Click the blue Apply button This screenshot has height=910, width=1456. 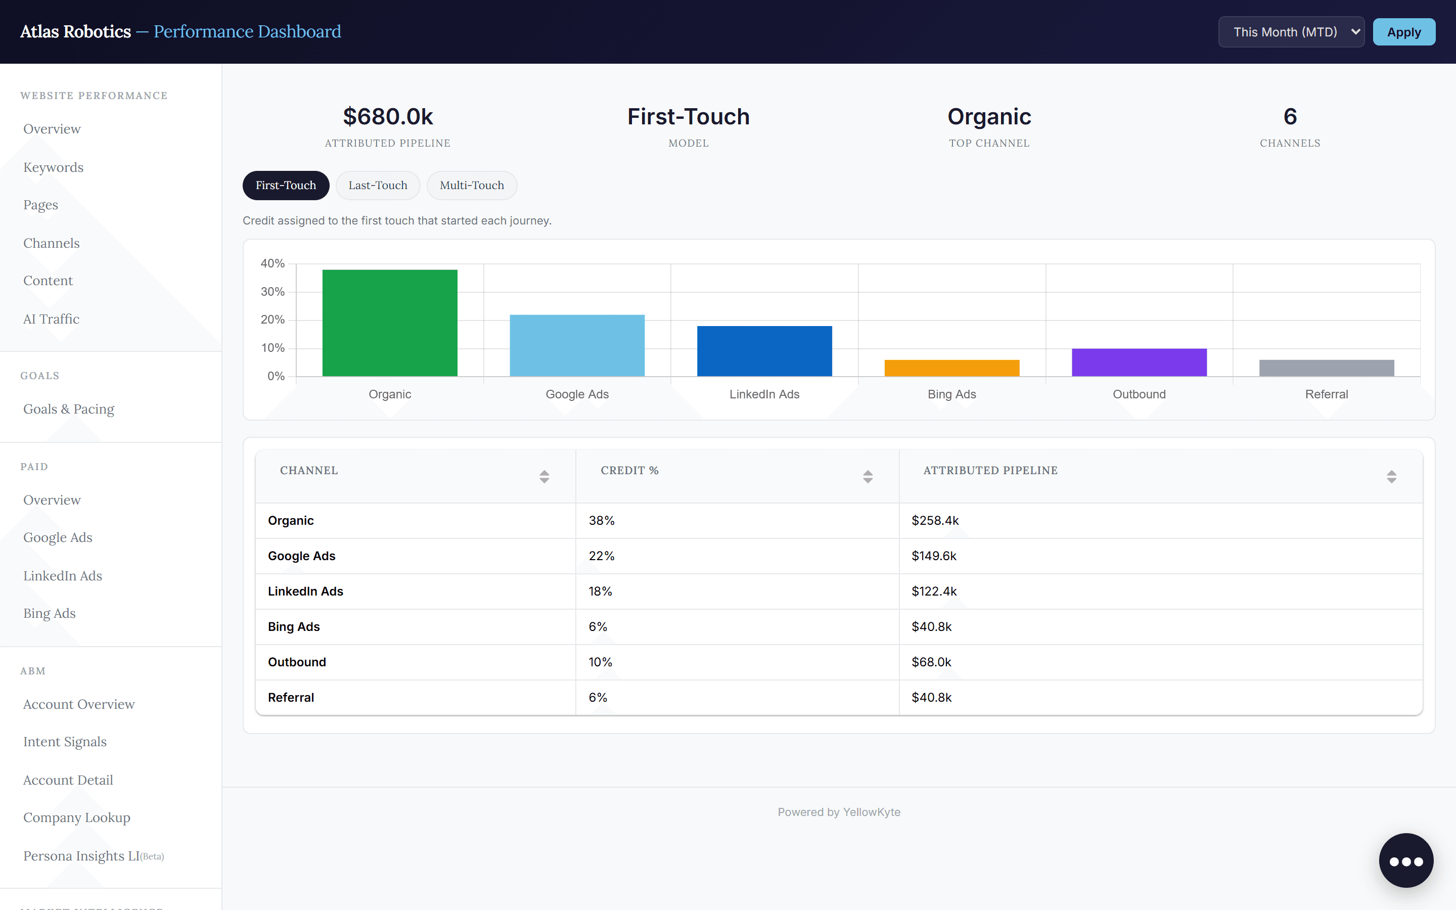click(x=1403, y=32)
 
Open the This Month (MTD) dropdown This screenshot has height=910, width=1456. click(x=1291, y=32)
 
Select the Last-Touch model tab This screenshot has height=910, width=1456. click(x=378, y=186)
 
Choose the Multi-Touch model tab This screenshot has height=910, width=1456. click(x=472, y=186)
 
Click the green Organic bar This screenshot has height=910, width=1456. click(x=390, y=323)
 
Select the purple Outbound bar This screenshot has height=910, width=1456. click(x=1139, y=362)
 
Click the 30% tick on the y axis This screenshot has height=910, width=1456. click(x=272, y=292)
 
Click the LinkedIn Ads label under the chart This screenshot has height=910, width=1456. click(x=764, y=394)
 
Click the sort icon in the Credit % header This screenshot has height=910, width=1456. click(x=868, y=477)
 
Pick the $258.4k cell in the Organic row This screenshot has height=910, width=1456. click(x=935, y=521)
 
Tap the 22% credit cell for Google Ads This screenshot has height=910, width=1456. click(x=602, y=556)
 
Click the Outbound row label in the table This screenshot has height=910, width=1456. click(x=297, y=662)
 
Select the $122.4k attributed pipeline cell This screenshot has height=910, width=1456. click(x=934, y=591)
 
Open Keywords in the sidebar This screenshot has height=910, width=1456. click(x=54, y=167)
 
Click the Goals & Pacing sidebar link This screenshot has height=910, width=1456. click(x=69, y=409)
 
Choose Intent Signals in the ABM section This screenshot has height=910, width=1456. click(x=65, y=742)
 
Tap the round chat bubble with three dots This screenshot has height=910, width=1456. click(x=1406, y=860)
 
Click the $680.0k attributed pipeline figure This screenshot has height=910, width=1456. click(x=388, y=117)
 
